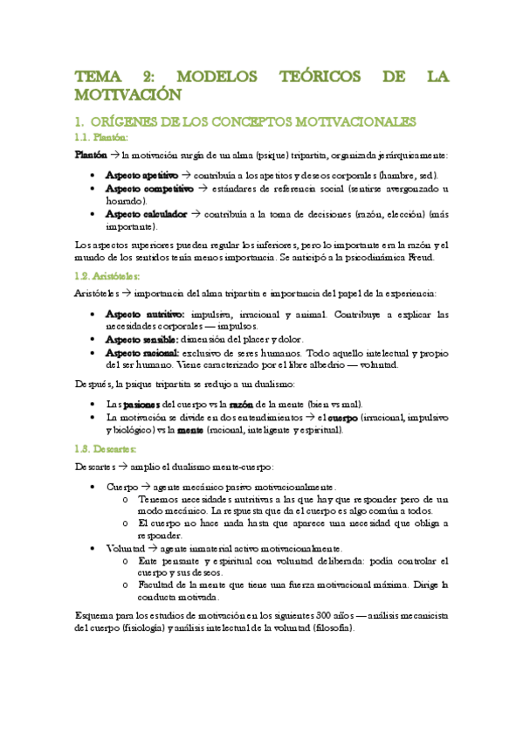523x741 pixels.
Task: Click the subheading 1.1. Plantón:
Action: coord(101,137)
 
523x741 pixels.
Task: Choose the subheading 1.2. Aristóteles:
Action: coord(107,275)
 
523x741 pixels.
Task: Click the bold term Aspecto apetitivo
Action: coord(141,175)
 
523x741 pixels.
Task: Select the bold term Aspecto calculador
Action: coord(142,213)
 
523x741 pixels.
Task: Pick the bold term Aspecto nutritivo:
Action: coord(144,313)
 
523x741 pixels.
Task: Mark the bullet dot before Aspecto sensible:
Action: coord(93,339)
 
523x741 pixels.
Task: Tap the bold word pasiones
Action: coord(137,404)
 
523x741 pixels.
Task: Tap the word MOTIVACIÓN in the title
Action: coord(127,94)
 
